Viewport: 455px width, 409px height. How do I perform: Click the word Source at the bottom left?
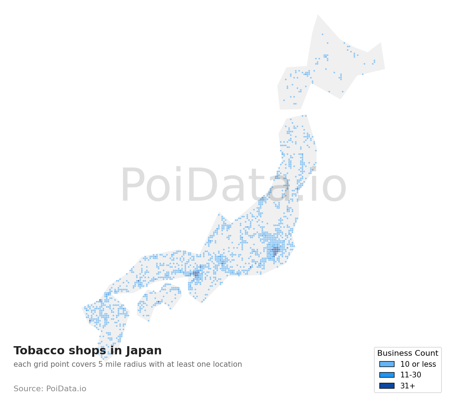click(28, 389)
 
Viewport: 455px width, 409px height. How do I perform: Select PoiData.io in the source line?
click(66, 389)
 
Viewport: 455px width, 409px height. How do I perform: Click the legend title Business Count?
click(407, 353)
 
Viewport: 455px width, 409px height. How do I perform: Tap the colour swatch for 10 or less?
click(387, 364)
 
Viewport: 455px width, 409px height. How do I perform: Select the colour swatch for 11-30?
click(387, 375)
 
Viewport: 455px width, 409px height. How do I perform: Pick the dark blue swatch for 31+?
click(387, 386)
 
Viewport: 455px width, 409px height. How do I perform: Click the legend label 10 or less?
click(418, 364)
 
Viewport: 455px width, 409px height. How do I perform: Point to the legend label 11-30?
click(411, 375)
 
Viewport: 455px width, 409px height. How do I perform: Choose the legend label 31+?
click(407, 386)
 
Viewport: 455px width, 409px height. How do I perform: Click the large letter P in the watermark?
click(131, 186)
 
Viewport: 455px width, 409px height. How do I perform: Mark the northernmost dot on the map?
click(322, 34)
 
